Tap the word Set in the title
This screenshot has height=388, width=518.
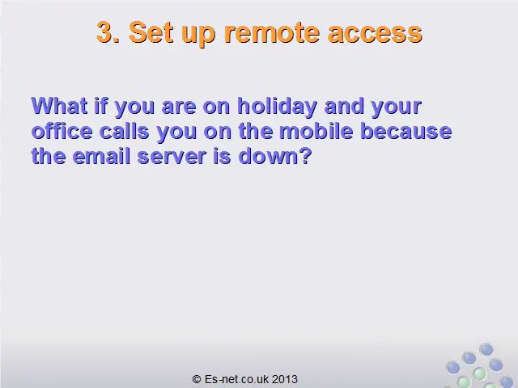(151, 32)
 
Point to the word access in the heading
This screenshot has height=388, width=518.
(375, 34)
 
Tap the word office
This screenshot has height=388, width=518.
(62, 131)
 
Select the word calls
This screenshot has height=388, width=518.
(124, 131)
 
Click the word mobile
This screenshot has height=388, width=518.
(316, 131)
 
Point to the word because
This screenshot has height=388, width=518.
(405, 131)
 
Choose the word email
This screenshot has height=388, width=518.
(100, 156)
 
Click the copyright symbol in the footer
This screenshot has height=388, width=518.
(197, 379)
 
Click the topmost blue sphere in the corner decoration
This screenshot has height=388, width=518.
(486, 349)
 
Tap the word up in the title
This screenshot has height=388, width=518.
(198, 34)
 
